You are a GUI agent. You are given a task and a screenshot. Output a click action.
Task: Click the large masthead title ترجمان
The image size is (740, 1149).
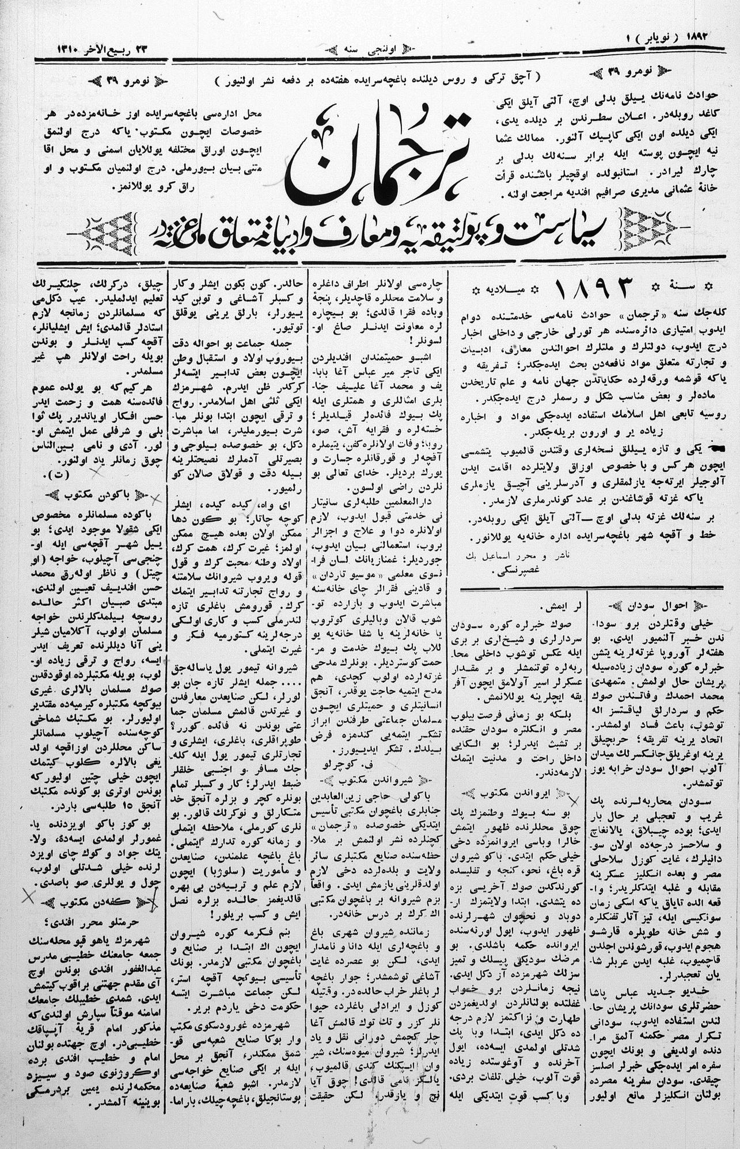[380, 158]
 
